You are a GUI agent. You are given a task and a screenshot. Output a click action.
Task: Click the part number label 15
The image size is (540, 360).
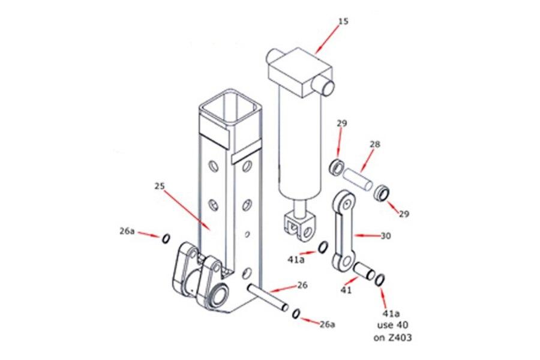pyautogui.click(x=343, y=22)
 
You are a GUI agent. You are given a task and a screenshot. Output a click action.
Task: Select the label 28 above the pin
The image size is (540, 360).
pyautogui.click(x=376, y=145)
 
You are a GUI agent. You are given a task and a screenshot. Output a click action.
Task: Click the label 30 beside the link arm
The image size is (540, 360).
pyautogui.click(x=385, y=236)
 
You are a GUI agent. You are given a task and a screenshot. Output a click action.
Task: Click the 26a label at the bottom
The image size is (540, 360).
pyautogui.click(x=326, y=324)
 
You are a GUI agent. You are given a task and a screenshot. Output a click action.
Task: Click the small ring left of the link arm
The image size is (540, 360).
pyautogui.click(x=323, y=247)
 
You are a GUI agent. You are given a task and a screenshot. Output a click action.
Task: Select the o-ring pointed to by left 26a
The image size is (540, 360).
pyautogui.click(x=164, y=239)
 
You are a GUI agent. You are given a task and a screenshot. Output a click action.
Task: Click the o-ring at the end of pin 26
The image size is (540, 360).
pyautogui.click(x=296, y=314)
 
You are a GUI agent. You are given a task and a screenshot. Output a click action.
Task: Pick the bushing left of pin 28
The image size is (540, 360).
pyautogui.click(x=337, y=166)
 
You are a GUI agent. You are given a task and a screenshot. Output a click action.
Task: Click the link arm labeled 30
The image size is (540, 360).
pyautogui.click(x=344, y=231)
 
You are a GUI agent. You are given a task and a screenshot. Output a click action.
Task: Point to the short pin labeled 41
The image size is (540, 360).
pyautogui.click(x=364, y=271)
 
